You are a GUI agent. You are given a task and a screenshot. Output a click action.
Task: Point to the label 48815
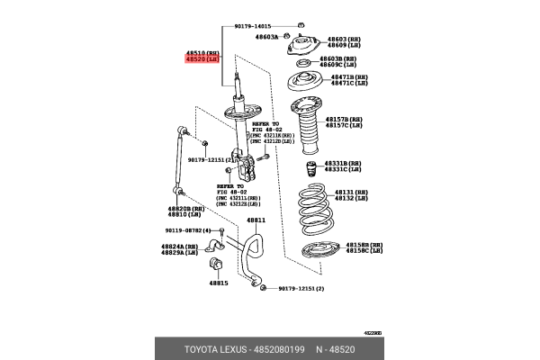click(x=219, y=283)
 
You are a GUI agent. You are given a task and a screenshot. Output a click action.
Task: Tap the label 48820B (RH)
click(x=184, y=208)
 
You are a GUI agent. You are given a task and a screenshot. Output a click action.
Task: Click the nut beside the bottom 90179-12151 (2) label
click(x=262, y=287)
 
